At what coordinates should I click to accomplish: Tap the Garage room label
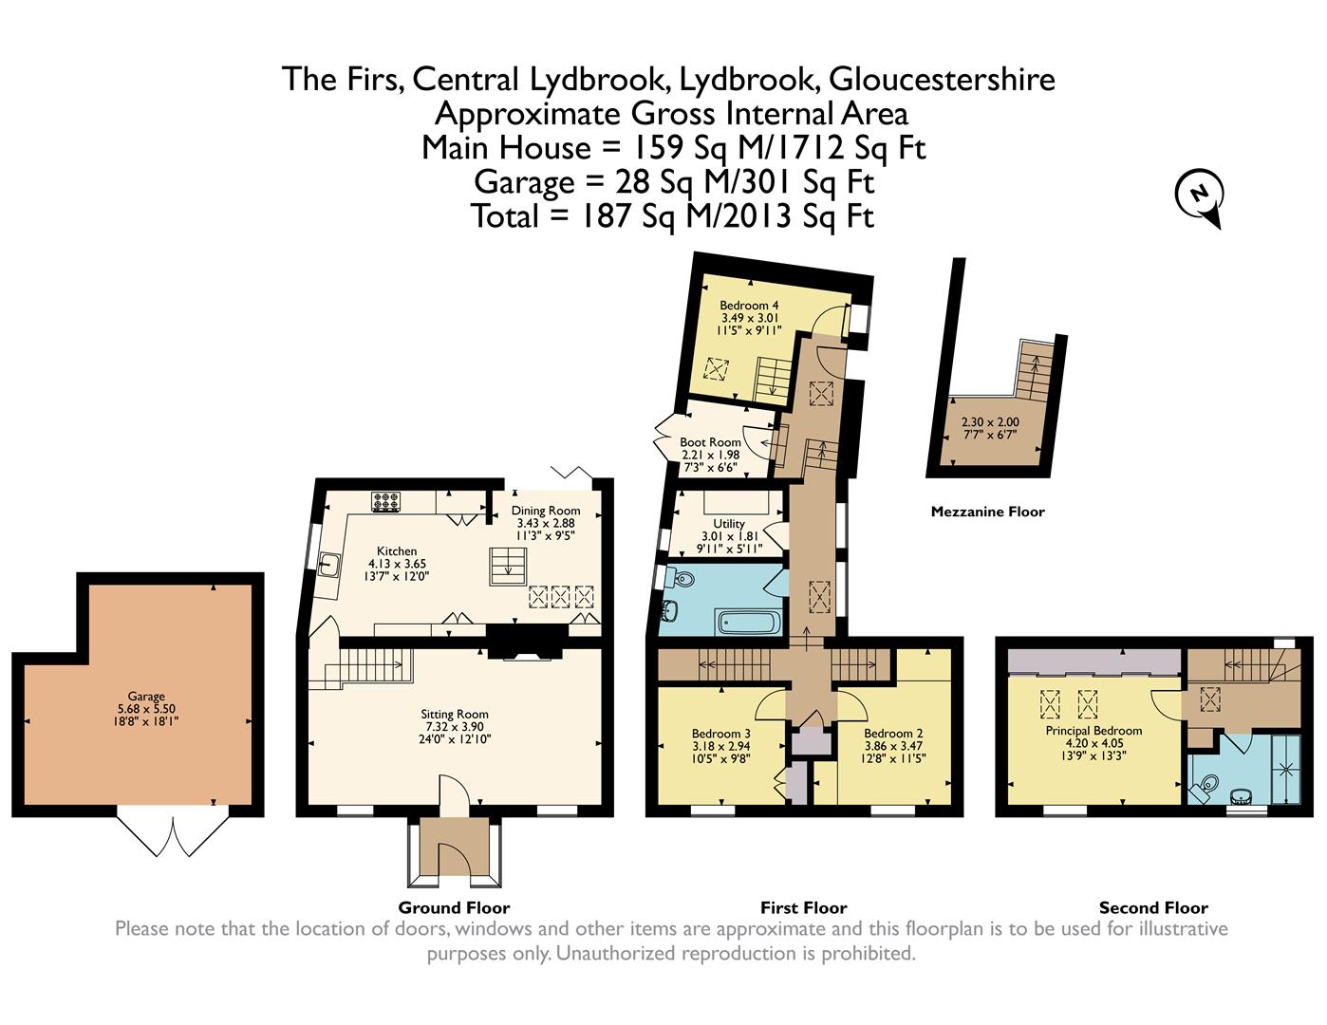(146, 696)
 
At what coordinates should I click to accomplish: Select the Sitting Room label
(455, 714)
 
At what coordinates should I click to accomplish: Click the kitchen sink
(329, 564)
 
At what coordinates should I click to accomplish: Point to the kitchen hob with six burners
(386, 501)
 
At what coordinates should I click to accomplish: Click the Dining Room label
(546, 511)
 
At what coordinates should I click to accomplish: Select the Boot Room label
(710, 442)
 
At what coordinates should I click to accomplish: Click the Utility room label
(729, 524)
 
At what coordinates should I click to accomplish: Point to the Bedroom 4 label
(749, 306)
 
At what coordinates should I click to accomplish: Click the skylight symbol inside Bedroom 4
(717, 369)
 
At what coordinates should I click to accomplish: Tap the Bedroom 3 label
(720, 734)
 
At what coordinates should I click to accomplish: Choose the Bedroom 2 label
(893, 734)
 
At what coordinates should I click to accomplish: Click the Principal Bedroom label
(1093, 730)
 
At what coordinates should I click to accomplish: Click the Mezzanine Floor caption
(987, 512)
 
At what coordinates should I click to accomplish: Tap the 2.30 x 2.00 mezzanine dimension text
(990, 421)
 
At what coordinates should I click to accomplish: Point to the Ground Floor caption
(454, 907)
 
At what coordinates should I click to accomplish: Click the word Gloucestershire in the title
(942, 80)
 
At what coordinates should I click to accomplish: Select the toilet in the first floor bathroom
(683, 577)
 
